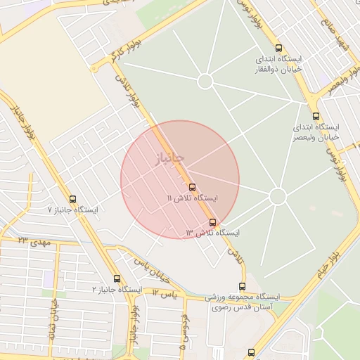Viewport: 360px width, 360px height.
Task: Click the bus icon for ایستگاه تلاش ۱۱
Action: coord(193,187)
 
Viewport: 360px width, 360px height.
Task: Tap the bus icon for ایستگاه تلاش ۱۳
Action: coord(213,222)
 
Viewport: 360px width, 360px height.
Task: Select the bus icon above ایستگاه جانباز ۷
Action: coord(73,200)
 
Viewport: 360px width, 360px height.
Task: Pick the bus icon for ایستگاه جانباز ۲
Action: coord(117,279)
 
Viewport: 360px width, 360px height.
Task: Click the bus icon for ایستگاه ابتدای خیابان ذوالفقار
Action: coord(279,49)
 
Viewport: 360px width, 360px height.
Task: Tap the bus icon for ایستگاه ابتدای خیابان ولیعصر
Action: coord(315,117)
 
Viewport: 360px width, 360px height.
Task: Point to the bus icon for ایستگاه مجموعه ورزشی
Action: coord(243,287)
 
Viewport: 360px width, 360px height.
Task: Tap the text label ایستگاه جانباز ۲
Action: coord(117,290)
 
